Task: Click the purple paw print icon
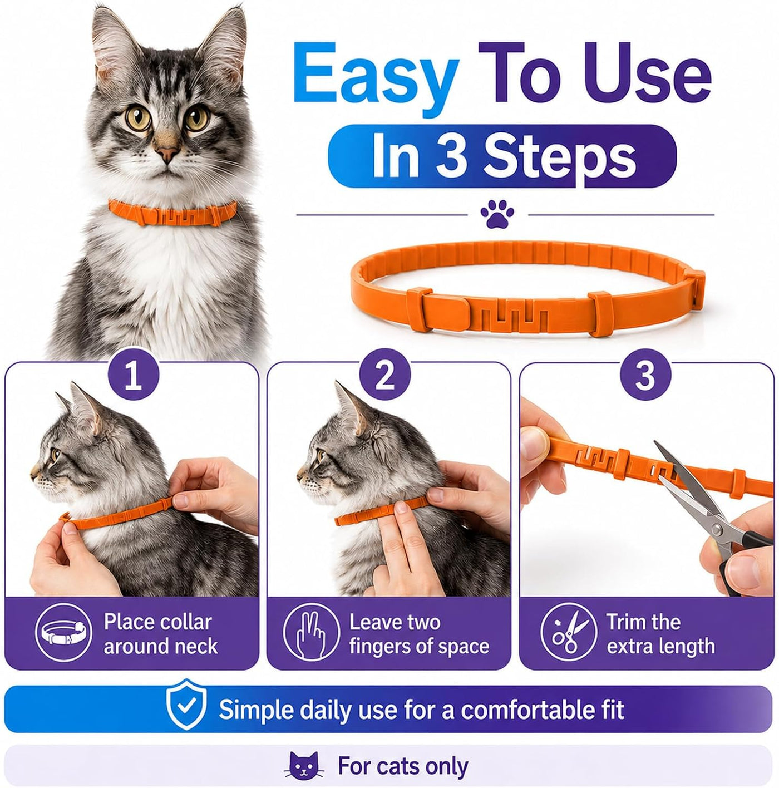click(497, 214)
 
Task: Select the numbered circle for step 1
click(133, 376)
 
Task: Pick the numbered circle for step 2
click(384, 376)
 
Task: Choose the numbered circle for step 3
click(645, 376)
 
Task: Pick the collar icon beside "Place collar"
click(63, 634)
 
